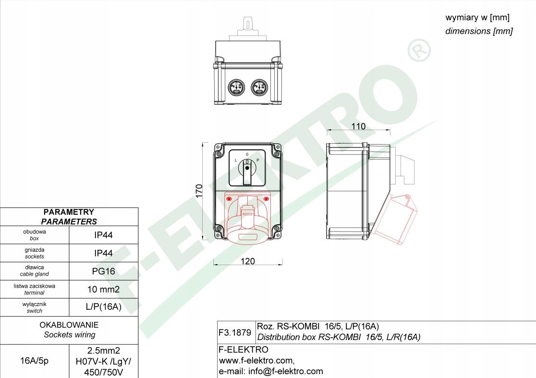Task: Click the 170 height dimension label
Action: point(199,191)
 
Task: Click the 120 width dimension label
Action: point(247,261)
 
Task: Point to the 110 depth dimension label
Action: point(358,126)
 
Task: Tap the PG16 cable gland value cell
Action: point(104,271)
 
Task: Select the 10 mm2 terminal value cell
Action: point(104,290)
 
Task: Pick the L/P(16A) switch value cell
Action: point(104,307)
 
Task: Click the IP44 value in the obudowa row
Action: point(104,235)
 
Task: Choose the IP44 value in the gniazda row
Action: point(104,253)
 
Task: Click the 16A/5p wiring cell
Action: point(34,361)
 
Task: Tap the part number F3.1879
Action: point(235,332)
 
